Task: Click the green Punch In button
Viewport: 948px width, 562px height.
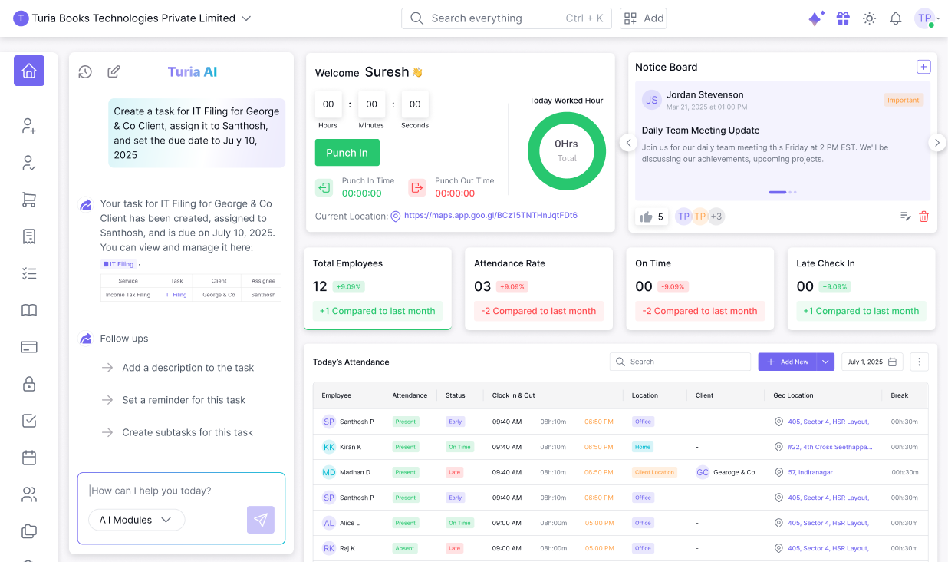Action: (x=347, y=153)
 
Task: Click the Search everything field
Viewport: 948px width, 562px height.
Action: (x=491, y=18)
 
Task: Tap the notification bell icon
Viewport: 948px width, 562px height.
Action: (x=895, y=18)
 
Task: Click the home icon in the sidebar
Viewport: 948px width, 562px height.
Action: (x=29, y=71)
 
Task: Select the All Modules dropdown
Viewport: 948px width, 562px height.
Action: (x=137, y=520)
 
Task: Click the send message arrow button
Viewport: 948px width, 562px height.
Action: (x=261, y=520)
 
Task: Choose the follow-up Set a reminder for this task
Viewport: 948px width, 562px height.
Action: (x=184, y=400)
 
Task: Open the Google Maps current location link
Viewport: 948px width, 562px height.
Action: (x=490, y=216)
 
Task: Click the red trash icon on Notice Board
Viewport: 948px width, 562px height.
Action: (x=923, y=217)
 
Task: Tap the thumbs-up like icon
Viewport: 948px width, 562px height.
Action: (x=646, y=217)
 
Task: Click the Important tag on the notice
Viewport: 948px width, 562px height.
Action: (x=904, y=100)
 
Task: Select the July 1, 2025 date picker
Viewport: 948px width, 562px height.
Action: (x=872, y=362)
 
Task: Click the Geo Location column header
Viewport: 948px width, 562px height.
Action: (x=793, y=395)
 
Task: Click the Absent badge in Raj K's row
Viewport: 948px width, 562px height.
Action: (x=405, y=548)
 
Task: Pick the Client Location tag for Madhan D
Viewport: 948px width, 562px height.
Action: (x=654, y=472)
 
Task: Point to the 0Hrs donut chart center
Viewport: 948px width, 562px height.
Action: (x=567, y=151)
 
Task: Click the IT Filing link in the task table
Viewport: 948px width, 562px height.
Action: (x=176, y=295)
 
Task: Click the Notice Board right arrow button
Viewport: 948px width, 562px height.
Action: (x=936, y=143)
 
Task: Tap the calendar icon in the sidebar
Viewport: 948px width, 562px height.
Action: (x=29, y=458)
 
